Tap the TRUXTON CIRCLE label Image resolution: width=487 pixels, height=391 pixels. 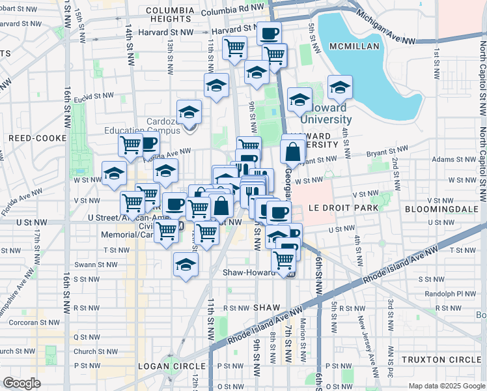441,360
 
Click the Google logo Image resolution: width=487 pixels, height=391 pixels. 21,383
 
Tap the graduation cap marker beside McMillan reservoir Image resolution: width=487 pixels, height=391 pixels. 340,87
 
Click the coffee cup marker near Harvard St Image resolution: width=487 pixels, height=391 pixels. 268,33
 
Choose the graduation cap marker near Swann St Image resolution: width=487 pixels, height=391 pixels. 186,265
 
